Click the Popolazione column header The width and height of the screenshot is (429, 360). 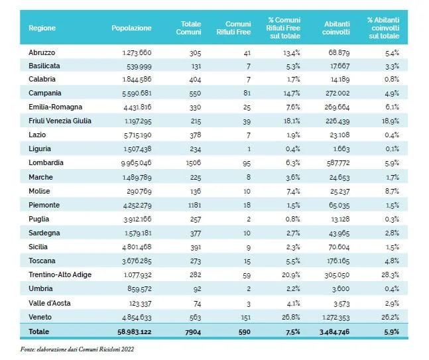coord(131,28)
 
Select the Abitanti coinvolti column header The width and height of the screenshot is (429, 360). coord(336,28)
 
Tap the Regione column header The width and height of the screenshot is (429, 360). coord(42,28)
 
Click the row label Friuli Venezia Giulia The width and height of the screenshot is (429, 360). coord(60,121)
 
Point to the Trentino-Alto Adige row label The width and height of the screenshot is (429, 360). coord(60,274)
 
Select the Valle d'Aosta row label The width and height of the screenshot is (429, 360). coord(50,303)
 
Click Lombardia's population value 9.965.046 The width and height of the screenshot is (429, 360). coord(136,163)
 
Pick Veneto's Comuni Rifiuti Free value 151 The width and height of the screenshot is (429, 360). coord(246,318)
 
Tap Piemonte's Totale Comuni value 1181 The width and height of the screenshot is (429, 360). coord(194,205)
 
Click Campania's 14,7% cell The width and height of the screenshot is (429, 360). coord(292,93)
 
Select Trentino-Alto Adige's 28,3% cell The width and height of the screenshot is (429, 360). coord(390,275)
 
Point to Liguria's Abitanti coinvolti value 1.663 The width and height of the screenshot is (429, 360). coord(341,149)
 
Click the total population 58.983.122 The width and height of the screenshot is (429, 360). coord(135,332)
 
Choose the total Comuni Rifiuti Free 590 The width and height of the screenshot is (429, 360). coord(244,332)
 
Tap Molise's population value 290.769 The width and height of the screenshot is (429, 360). coord(139,191)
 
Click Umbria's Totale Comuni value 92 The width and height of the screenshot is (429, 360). coord(197,289)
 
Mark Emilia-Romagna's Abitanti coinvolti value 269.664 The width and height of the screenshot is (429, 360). coord(337,107)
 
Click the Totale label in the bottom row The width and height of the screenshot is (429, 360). coord(39,331)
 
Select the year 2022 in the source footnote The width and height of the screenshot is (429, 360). coord(128,349)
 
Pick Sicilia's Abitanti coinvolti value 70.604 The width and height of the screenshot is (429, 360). coord(339,247)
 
